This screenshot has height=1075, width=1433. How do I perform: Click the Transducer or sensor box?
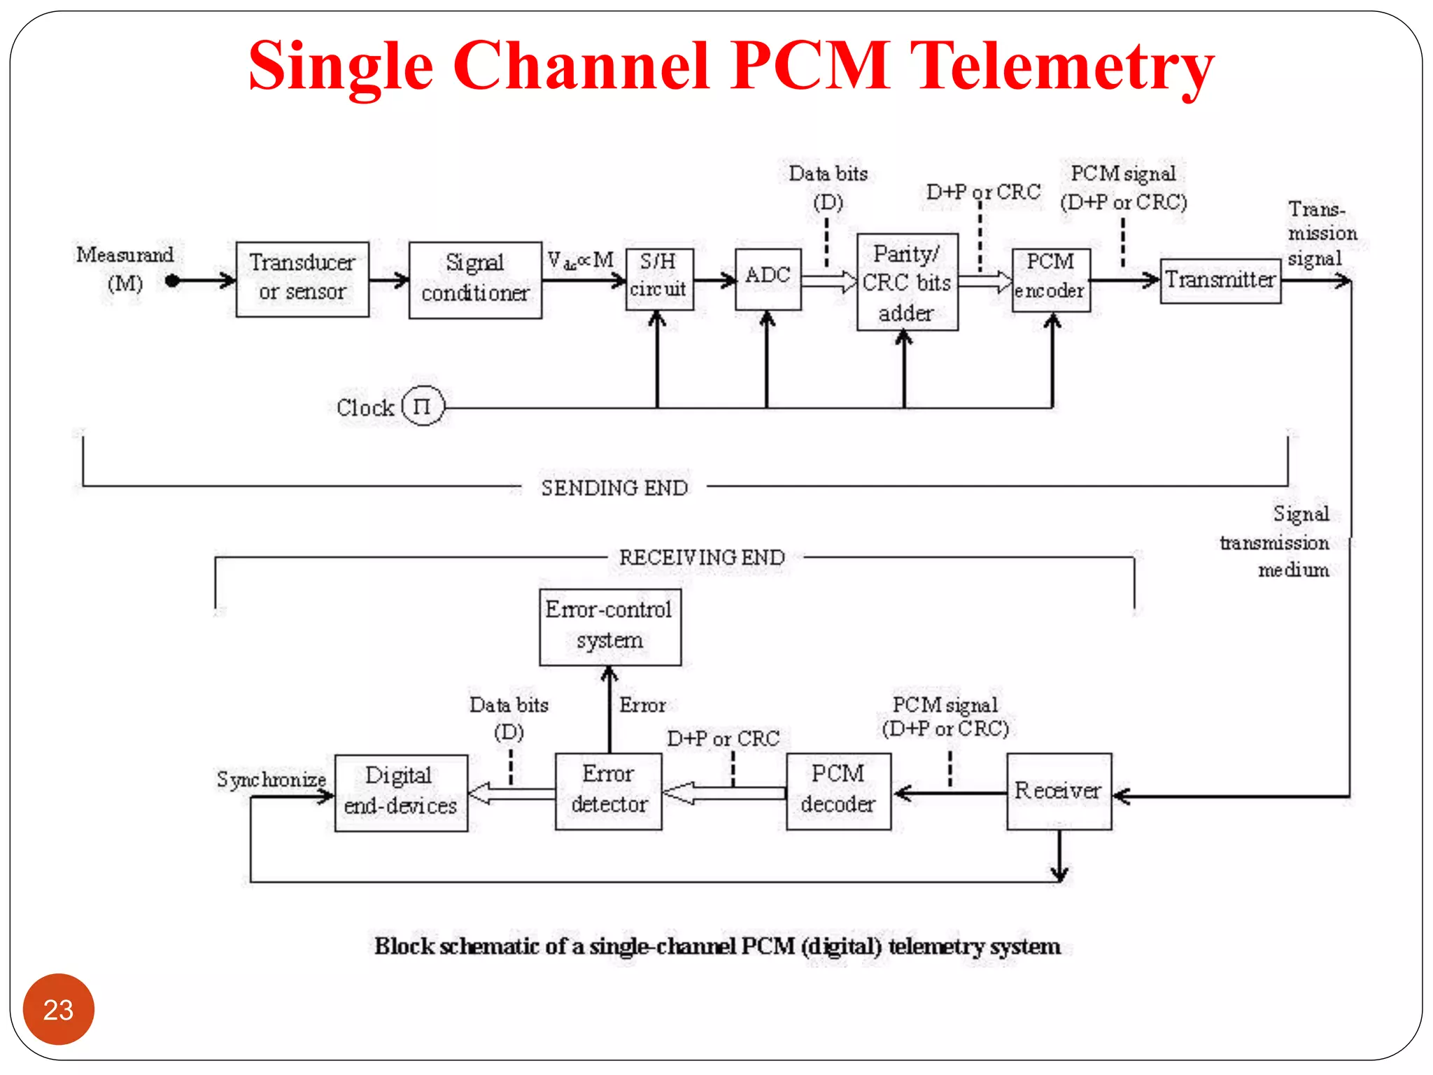pyautogui.click(x=302, y=279)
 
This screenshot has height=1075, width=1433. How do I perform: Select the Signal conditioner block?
pyautogui.click(x=475, y=279)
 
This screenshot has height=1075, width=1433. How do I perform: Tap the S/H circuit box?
pyautogui.click(x=659, y=279)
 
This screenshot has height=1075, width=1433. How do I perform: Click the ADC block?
pyautogui.click(x=768, y=279)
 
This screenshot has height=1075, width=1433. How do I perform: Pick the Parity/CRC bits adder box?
pyautogui.click(x=907, y=282)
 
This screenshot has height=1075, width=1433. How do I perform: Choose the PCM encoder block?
pyautogui.click(x=1050, y=279)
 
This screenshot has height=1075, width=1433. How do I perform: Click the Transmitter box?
pyautogui.click(x=1220, y=280)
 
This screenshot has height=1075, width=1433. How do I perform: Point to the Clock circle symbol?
pyautogui.click(x=423, y=406)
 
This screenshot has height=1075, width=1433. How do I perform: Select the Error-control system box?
pyautogui.click(x=609, y=626)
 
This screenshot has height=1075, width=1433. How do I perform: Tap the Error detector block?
pyautogui.click(x=608, y=791)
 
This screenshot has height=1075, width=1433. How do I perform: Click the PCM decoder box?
pyautogui.click(x=838, y=791)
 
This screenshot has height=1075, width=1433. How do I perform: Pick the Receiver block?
pyautogui.click(x=1058, y=791)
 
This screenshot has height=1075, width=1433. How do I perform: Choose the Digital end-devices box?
pyautogui.click(x=400, y=792)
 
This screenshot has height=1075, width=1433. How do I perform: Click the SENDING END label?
pyautogui.click(x=614, y=488)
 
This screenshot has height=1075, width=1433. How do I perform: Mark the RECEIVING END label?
pyautogui.click(x=702, y=558)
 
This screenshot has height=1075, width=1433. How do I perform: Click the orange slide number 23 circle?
pyautogui.click(x=58, y=1009)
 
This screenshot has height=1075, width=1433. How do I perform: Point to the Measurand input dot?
pyautogui.click(x=172, y=281)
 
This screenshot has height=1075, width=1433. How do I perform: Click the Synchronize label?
pyautogui.click(x=271, y=779)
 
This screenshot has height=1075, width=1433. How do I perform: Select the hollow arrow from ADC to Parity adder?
pyautogui.click(x=828, y=281)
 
